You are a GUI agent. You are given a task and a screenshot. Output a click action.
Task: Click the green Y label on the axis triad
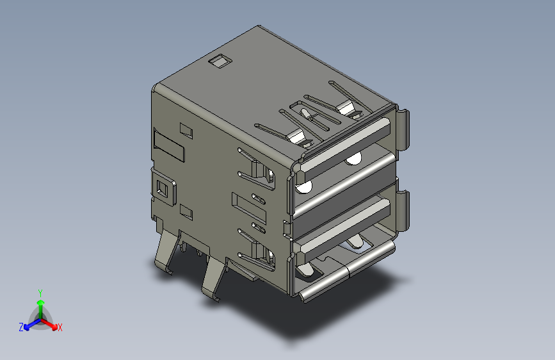tap(40, 291)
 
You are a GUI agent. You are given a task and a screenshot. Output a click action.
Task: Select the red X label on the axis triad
tap(60, 328)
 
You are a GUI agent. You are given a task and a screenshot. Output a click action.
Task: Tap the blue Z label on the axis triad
tap(21, 327)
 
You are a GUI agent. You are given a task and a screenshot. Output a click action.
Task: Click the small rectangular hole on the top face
tap(220, 61)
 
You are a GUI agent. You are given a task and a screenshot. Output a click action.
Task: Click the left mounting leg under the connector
tap(165, 252)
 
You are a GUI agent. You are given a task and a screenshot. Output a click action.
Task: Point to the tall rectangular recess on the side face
tap(170, 145)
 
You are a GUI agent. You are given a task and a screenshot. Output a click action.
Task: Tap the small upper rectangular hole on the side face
tap(186, 130)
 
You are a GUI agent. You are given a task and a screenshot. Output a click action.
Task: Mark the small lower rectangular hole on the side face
tap(186, 210)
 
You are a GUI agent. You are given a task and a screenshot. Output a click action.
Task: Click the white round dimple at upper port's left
tap(303, 187)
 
